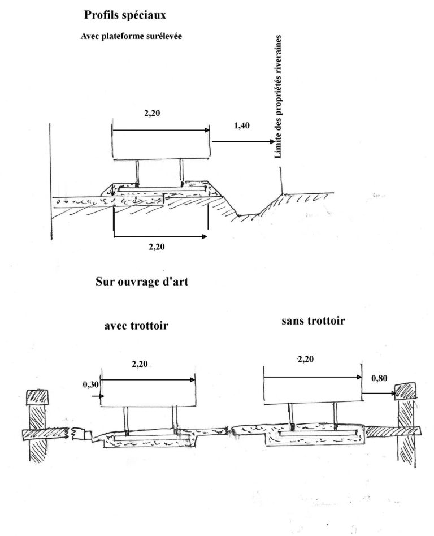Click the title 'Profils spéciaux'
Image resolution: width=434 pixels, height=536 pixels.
[x=125, y=15]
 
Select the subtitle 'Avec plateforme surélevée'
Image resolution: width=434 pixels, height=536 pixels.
[x=131, y=36]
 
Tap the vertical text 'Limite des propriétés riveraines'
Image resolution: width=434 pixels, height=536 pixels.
[x=278, y=96]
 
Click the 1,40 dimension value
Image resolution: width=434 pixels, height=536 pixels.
[x=242, y=126]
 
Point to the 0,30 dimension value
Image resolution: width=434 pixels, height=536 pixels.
[x=90, y=385]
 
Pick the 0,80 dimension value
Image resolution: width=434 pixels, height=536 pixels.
[x=379, y=378]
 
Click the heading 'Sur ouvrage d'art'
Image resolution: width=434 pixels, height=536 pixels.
[x=142, y=282]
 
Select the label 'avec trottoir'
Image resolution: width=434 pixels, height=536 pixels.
[x=136, y=326]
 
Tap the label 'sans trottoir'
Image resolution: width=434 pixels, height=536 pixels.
[x=314, y=321]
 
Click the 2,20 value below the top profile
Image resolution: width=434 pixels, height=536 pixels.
[x=157, y=247]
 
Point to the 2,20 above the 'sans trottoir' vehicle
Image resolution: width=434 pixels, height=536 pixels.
[x=306, y=359]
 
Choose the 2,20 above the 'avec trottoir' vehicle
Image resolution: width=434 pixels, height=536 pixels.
[x=140, y=364]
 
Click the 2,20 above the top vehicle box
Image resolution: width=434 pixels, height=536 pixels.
[x=152, y=113]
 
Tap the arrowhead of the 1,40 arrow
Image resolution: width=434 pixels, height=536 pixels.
[x=273, y=141]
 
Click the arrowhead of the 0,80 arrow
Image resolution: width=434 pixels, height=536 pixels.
[x=394, y=394]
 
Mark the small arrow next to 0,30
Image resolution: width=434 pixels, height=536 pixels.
[x=98, y=396]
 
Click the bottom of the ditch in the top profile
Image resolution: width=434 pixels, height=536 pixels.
[x=249, y=215]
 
